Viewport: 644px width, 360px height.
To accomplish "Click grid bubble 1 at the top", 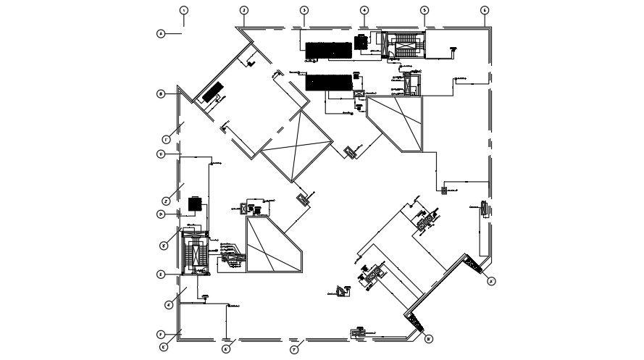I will click(x=184, y=10).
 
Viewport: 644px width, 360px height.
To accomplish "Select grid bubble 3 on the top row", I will click(x=304, y=10).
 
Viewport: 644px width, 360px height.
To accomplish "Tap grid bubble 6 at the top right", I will click(x=485, y=10).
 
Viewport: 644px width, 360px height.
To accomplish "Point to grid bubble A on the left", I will click(x=161, y=33).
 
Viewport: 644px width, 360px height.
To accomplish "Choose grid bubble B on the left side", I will click(x=161, y=93).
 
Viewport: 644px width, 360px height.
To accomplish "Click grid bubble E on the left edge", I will click(x=161, y=275).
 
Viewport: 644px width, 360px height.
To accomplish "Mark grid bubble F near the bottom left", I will click(x=161, y=335).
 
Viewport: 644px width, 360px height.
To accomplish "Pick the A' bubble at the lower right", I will click(x=491, y=281).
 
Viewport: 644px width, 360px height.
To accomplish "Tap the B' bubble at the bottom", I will click(x=428, y=338).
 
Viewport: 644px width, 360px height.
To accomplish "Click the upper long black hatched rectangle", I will click(x=327, y=49).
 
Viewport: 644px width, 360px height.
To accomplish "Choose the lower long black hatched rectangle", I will click(x=328, y=82).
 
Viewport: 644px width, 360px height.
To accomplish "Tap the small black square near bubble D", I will click(x=194, y=204).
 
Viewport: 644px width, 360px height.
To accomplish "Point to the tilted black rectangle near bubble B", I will click(x=212, y=94).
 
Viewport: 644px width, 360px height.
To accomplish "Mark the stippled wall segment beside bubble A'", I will click(x=475, y=265).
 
